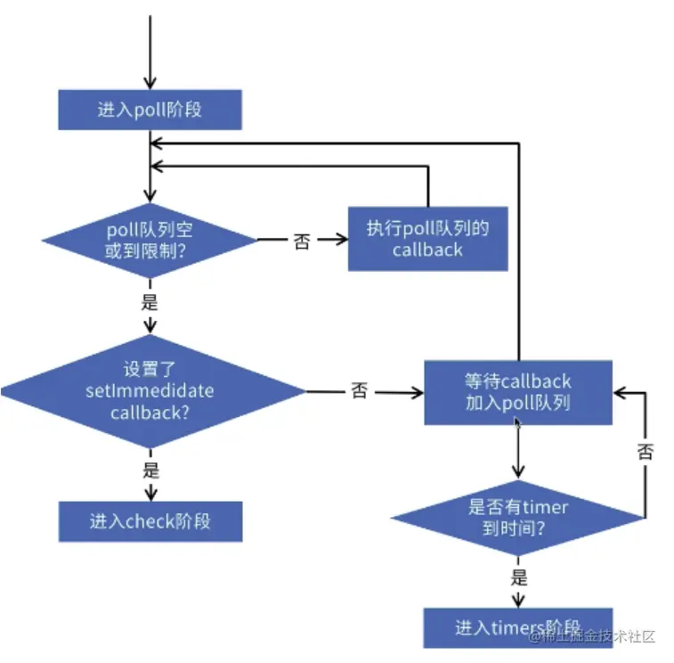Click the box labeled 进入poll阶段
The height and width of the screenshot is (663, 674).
(x=150, y=110)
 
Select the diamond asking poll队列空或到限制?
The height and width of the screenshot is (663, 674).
(x=150, y=240)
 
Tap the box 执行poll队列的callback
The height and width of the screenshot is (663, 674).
(x=427, y=239)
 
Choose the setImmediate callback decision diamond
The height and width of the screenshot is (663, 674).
(x=152, y=391)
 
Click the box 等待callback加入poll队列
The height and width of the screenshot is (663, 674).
(x=518, y=392)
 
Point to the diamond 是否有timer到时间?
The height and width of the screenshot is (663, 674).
(x=518, y=518)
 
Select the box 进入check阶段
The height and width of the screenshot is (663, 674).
(x=150, y=521)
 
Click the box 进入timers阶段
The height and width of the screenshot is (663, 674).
(x=518, y=627)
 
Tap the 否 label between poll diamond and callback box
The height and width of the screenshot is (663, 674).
(x=302, y=241)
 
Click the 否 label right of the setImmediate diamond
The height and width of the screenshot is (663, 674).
(x=360, y=390)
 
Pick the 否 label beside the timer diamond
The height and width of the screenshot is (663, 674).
(x=646, y=452)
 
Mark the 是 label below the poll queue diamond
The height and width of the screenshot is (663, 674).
(x=150, y=301)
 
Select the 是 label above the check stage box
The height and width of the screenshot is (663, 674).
(x=150, y=470)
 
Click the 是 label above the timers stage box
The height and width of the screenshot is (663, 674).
(x=519, y=577)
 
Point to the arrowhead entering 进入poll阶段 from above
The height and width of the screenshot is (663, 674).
(x=150, y=84)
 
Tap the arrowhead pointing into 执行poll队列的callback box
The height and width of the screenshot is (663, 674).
(x=342, y=239)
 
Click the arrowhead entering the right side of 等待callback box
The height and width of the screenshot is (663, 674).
(x=619, y=393)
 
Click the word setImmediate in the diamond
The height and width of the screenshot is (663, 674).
(x=150, y=391)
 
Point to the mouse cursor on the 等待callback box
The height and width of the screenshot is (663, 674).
(x=517, y=423)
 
